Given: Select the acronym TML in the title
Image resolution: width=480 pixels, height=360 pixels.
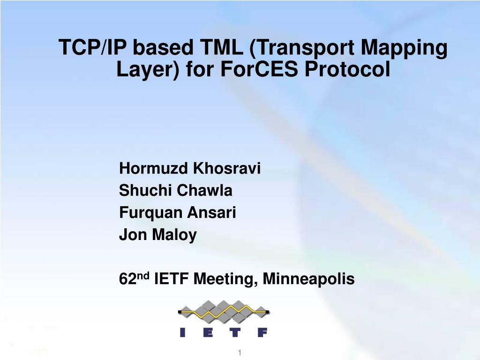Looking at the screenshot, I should (x=218, y=48).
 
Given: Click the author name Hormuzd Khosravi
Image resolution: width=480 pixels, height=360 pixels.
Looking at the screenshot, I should (x=190, y=168).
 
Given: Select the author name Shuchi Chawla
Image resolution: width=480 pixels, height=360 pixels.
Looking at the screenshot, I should (x=176, y=190).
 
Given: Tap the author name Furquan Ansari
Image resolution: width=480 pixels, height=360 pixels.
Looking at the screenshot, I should (x=178, y=213).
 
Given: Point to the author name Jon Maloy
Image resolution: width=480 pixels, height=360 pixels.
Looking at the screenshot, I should (x=158, y=235).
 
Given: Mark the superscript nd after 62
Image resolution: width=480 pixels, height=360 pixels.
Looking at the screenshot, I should (x=142, y=276).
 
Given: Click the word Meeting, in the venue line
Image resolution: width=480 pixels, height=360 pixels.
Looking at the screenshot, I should (x=225, y=280).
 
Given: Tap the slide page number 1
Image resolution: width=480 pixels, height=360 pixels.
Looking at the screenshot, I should (x=240, y=352).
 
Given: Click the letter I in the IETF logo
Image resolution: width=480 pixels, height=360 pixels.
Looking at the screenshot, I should (x=182, y=332).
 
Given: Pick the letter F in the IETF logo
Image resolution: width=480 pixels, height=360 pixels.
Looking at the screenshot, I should (x=262, y=332).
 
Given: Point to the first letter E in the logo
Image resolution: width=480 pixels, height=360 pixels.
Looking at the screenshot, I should (x=209, y=332).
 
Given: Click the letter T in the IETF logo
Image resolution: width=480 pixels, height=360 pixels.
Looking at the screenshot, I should (x=235, y=332).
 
